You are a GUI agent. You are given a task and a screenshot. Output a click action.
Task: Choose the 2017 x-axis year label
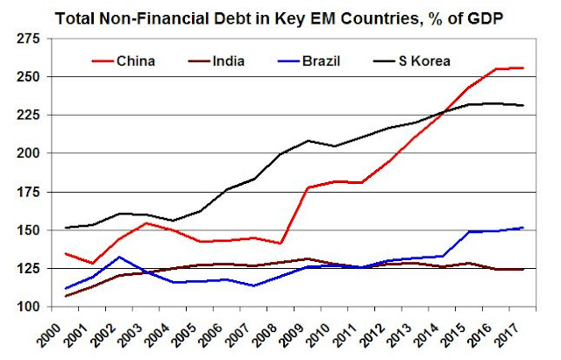pos(522,334)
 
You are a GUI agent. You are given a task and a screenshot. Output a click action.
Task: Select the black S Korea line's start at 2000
pos(65,228)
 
